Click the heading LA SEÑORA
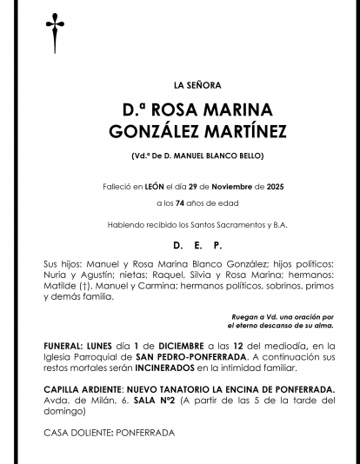click(197, 85)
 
